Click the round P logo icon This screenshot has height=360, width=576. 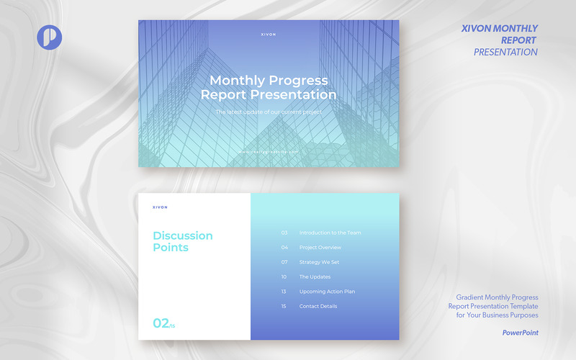(50, 37)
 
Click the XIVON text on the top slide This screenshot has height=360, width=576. (268, 34)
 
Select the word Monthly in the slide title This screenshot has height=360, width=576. (236, 81)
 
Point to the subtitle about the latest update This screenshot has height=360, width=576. (268, 112)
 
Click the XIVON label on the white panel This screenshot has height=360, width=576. (160, 207)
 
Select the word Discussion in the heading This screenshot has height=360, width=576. (183, 235)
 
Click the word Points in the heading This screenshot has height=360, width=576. (171, 248)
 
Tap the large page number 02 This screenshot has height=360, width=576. (161, 323)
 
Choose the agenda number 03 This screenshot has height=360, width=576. (284, 233)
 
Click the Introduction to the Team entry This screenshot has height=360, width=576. (330, 233)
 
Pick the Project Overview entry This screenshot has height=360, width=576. (320, 248)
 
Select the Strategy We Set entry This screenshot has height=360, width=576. (319, 262)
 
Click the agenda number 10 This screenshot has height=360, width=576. (284, 277)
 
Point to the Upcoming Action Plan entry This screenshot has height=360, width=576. (327, 292)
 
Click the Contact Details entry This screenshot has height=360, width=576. (318, 306)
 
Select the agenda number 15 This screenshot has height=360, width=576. (284, 306)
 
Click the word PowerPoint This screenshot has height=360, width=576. (521, 333)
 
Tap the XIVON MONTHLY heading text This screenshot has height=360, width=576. (499, 29)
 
